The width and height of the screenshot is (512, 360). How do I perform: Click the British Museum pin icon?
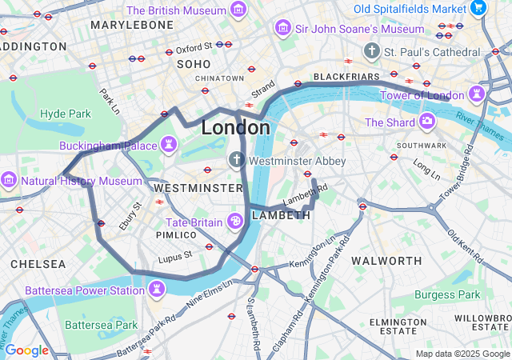click(x=238, y=10)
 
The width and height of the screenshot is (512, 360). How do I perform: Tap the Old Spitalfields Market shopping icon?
click(x=479, y=9)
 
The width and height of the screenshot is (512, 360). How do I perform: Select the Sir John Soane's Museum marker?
click(x=282, y=29)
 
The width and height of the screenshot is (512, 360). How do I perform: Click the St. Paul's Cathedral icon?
click(x=370, y=52)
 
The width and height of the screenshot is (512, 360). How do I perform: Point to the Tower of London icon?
click(x=478, y=94)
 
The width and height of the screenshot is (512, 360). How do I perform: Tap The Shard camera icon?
click(x=427, y=122)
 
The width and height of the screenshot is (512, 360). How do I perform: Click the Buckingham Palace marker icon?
click(x=169, y=145)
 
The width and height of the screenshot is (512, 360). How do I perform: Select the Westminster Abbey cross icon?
click(x=236, y=160)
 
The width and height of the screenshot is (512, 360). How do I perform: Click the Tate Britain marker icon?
click(x=236, y=221)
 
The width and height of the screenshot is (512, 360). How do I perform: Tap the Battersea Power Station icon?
click(x=157, y=289)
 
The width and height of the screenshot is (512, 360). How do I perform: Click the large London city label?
click(x=235, y=128)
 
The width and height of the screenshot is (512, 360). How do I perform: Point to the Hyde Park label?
click(x=66, y=114)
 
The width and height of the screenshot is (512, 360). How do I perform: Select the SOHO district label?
click(x=193, y=63)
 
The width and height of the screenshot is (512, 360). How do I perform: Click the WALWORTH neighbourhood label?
click(x=386, y=261)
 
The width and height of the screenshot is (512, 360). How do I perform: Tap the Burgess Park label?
click(x=447, y=294)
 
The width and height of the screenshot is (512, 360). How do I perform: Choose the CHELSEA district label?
click(x=38, y=263)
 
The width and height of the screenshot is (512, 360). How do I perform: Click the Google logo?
click(x=26, y=350)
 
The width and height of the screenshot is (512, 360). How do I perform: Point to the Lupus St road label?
click(x=175, y=255)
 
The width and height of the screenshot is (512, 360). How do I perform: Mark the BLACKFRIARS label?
click(x=346, y=77)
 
